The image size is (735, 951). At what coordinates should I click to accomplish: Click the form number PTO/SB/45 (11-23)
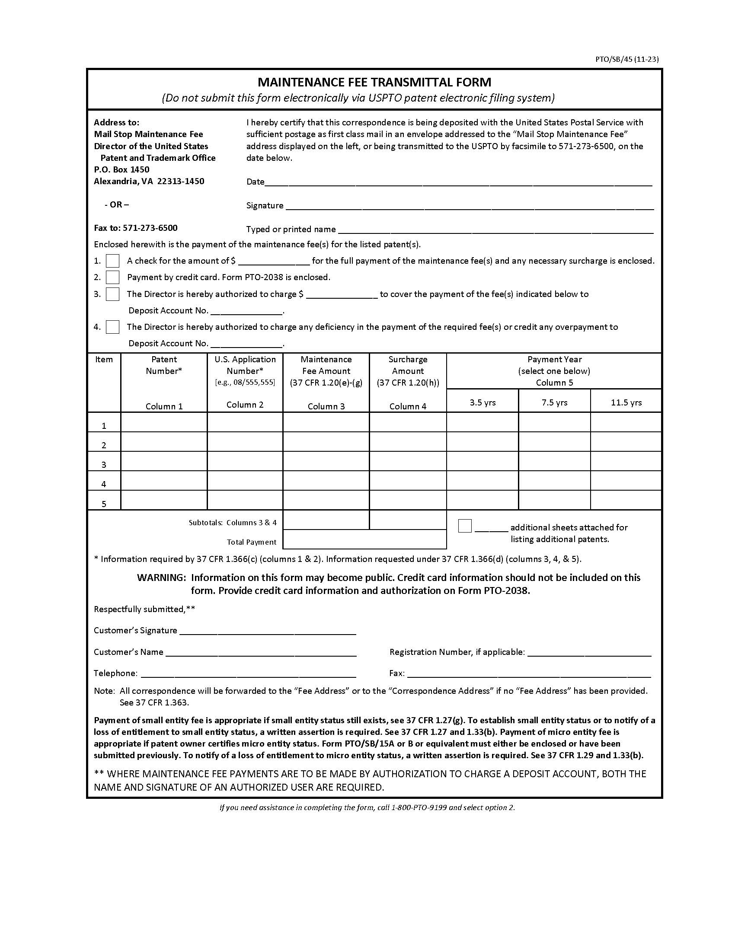pos(626,60)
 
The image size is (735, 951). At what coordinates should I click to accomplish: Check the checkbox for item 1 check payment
pos(112,261)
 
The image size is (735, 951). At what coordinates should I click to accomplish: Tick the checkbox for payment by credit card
pos(112,277)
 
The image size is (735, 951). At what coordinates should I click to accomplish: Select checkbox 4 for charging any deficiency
pos(112,327)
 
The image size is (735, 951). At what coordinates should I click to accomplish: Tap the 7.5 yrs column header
pos(554,402)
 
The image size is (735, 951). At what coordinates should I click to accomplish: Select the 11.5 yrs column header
pos(626,402)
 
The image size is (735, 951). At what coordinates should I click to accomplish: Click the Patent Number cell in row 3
pos(164,461)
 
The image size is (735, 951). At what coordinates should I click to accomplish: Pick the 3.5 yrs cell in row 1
pos(483,422)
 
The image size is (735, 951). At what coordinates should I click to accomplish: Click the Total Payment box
pos(364,539)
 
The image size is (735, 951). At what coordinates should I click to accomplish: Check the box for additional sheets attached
pos(465,526)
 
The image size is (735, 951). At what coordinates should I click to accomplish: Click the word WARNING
pos(162,578)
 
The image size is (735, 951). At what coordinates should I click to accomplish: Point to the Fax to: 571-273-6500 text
pos(135,228)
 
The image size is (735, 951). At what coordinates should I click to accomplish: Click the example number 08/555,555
pos(245,382)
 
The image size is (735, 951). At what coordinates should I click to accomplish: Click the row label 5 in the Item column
pos(104,504)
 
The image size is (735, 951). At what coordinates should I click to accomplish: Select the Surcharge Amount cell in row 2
pos(408,441)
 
